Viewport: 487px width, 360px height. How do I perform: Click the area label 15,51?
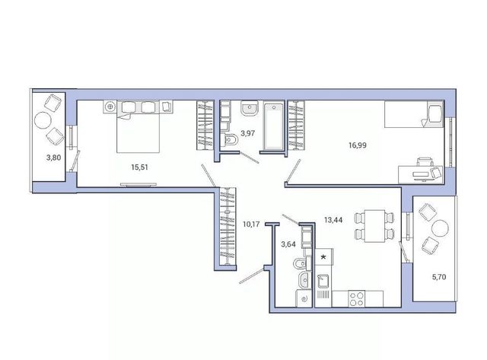point(139,167)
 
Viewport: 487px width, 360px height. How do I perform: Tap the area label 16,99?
point(358,145)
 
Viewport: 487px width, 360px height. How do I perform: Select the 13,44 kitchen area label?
point(333,220)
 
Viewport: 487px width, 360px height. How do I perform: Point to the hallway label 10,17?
point(251,224)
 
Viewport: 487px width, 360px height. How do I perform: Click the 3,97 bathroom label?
point(248,133)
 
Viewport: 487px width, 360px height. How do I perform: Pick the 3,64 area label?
point(288,244)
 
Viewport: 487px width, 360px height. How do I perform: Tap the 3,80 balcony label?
point(54,158)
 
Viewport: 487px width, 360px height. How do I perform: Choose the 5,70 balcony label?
point(439,277)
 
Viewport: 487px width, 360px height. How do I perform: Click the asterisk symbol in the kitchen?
point(323,257)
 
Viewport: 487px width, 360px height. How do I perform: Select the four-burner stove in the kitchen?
point(357,299)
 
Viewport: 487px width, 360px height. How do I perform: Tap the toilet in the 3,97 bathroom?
point(230,139)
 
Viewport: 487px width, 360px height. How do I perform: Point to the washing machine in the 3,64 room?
point(304,298)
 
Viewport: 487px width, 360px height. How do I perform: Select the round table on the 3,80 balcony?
point(43,120)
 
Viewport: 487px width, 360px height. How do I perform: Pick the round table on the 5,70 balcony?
point(440,228)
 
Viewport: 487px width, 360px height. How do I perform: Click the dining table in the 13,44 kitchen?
point(374,226)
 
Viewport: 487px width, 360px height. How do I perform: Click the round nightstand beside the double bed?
point(110,107)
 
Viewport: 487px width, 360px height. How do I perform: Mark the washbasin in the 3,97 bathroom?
point(249,109)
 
